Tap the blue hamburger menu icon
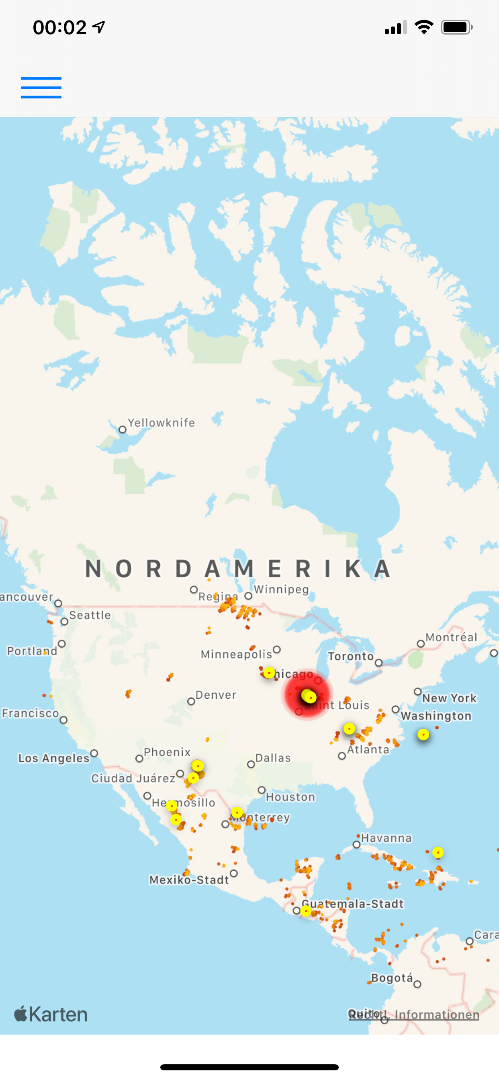click(x=41, y=88)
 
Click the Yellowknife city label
click(x=161, y=423)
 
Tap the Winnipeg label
click(x=281, y=589)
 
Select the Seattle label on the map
click(x=90, y=615)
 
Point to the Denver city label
click(x=215, y=695)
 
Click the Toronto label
click(x=351, y=656)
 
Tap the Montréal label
click(x=451, y=637)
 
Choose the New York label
click(x=449, y=698)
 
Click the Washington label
click(x=436, y=716)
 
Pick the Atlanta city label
click(x=368, y=749)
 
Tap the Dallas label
click(x=273, y=758)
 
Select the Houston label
click(x=290, y=797)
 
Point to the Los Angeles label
click(x=54, y=758)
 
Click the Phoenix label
click(x=167, y=752)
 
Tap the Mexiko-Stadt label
click(x=189, y=879)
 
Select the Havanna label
click(x=386, y=838)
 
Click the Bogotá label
click(x=392, y=978)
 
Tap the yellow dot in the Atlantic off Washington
click(x=423, y=734)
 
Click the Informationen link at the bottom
click(x=436, y=1015)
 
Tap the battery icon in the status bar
click(x=456, y=28)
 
